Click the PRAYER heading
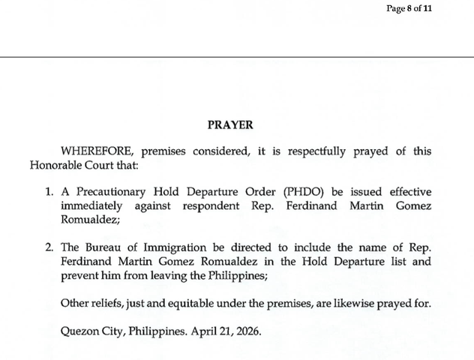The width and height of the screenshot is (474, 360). point(230,125)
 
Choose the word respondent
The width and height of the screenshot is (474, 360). point(207,206)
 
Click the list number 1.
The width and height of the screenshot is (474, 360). point(49,193)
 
